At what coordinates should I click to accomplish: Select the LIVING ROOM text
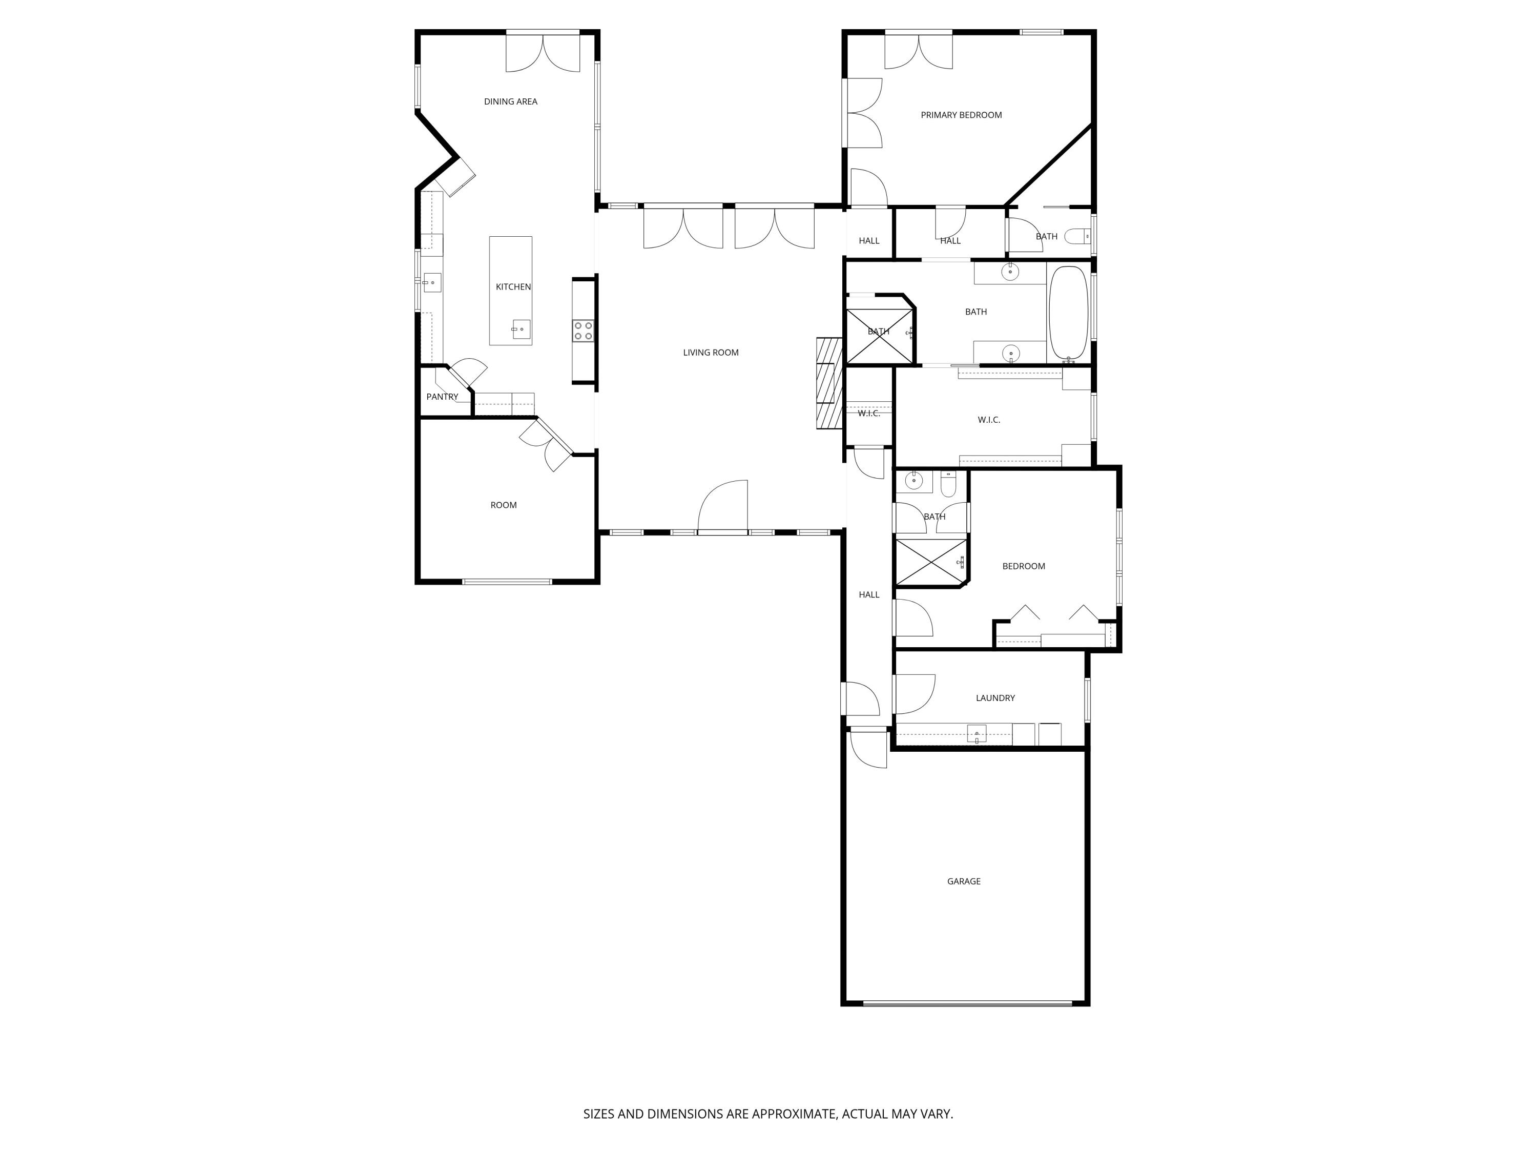coord(710,353)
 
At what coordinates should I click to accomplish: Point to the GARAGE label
coord(963,881)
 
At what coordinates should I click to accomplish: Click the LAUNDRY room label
coord(994,698)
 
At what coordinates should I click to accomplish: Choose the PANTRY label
coord(442,397)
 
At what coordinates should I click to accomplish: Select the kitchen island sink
coord(521,329)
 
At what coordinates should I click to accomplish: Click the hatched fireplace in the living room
coord(829,382)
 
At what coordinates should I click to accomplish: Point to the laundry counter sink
coord(977,733)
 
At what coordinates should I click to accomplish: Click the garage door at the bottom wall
coord(967,1003)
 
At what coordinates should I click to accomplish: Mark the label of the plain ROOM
coord(503,505)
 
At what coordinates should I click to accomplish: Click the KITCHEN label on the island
coord(513,287)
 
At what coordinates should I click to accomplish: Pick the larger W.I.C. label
coord(988,420)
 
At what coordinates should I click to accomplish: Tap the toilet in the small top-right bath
coord(1078,236)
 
